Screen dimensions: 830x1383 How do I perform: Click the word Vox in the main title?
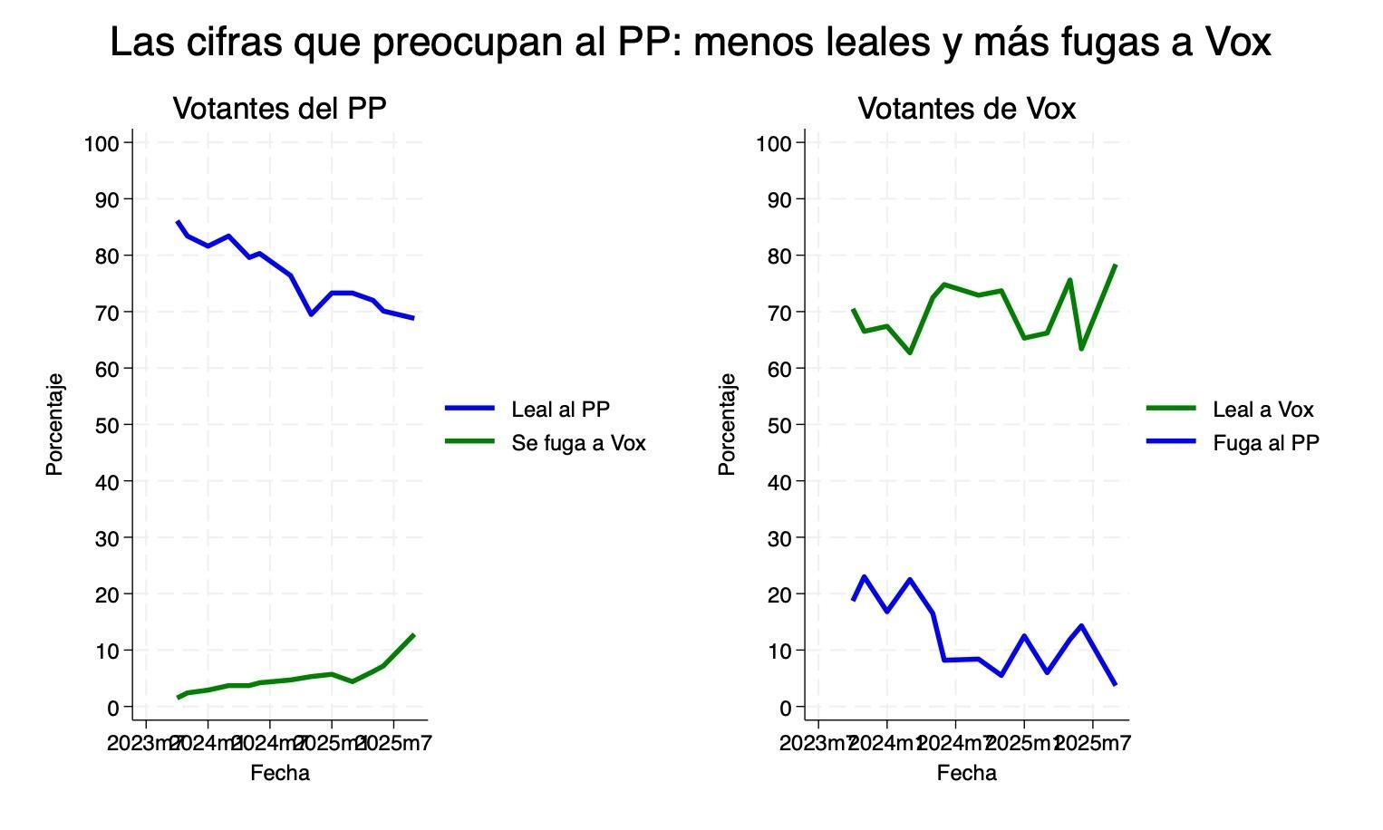(x=1238, y=43)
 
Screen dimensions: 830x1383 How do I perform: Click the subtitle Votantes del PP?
(x=279, y=109)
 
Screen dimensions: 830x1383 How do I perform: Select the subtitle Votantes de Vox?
(x=966, y=109)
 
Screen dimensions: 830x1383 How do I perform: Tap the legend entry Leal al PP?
(x=560, y=410)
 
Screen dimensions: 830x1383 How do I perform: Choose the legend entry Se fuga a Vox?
(x=578, y=443)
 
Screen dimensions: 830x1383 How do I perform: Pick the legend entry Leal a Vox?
(x=1262, y=410)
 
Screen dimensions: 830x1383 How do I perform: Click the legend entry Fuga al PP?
(x=1265, y=443)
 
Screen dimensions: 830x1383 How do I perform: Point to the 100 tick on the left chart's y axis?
(x=102, y=143)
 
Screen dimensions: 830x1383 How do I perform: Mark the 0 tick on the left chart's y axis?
(x=113, y=708)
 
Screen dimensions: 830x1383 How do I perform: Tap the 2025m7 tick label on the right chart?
(x=1094, y=744)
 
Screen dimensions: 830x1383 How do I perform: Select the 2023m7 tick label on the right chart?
(x=817, y=744)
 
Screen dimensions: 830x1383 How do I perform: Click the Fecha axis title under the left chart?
(x=279, y=773)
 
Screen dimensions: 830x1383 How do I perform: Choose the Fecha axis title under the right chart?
(x=966, y=773)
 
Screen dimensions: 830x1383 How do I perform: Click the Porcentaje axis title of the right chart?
(x=727, y=424)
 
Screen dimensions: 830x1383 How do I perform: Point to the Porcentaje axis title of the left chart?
(x=54, y=424)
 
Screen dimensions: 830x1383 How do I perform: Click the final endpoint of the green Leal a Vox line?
(x=1116, y=265)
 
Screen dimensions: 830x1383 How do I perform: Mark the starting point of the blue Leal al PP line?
(x=178, y=222)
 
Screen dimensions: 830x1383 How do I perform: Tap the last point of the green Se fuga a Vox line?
(x=413, y=635)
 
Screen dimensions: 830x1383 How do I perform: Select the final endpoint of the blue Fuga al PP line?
(x=1116, y=684)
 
